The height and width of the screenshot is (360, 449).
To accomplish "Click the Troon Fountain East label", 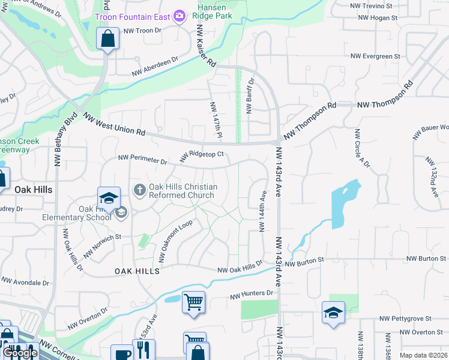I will pos(132,17).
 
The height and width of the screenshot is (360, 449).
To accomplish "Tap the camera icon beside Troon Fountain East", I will pos(178,16).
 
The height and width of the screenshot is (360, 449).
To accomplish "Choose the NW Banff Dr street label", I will pos(250,95).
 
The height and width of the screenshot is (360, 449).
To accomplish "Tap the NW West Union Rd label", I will pos(114,124).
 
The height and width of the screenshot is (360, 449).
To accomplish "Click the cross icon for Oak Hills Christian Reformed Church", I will pos(139,190).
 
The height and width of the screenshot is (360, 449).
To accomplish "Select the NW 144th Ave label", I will pos(262,212).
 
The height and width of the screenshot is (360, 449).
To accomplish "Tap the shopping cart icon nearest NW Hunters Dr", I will pos(193,302).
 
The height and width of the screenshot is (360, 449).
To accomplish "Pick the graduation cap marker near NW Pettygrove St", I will pos(333,312).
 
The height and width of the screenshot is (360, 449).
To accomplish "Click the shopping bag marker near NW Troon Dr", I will pos(107,39).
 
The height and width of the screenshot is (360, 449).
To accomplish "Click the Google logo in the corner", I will pos(20,353).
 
